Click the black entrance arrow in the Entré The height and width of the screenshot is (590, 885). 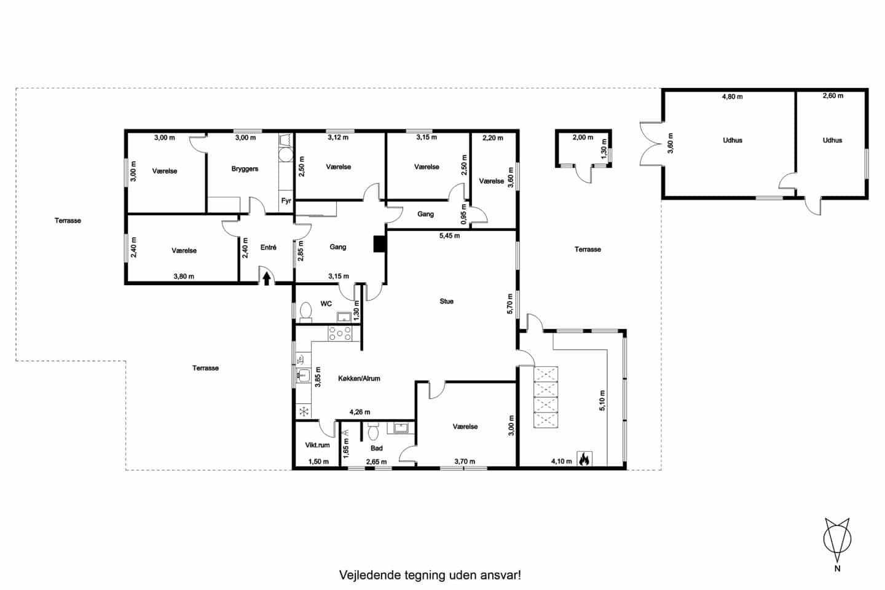point(267,279)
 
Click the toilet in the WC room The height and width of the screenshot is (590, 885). point(305,313)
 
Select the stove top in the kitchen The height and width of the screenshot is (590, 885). point(340,333)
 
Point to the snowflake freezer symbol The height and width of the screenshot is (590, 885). point(303,411)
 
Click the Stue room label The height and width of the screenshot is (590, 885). point(447,302)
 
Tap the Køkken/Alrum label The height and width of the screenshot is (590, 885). point(359,379)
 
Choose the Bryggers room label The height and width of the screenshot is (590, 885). point(245,169)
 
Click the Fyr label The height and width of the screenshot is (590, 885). point(286,201)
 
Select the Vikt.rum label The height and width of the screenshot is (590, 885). point(317,445)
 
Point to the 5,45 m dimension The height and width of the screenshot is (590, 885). point(449,235)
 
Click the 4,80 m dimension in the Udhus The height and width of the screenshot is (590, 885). point(732,96)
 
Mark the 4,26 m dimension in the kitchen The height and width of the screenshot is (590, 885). point(360,412)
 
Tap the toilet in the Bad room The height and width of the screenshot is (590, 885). point(373,433)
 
